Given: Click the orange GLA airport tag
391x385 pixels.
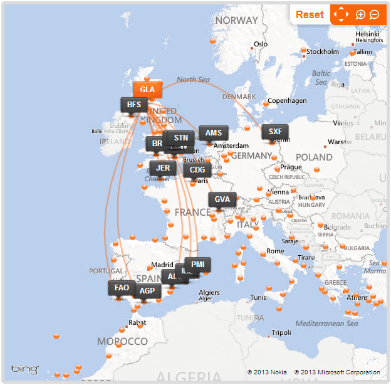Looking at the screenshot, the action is point(147,90).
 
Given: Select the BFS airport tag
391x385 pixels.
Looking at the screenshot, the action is point(133,105).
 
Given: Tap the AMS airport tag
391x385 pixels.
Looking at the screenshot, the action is point(214,133).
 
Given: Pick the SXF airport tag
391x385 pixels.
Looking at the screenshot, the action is point(275,132).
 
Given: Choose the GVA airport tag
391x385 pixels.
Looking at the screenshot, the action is point(222,199).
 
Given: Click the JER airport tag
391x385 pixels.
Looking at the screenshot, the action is point(163,168).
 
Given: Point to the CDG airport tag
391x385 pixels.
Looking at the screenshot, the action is point(197,170).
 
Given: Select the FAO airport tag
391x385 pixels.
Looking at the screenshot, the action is point(122,288).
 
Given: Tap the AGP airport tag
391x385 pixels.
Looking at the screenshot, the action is point(147,291).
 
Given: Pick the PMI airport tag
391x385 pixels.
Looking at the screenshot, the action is point(198,265).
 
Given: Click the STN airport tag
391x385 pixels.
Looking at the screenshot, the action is point(181,138).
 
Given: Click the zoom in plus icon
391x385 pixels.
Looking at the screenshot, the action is point(360,14).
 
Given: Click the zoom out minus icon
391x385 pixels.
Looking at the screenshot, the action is point(374,14).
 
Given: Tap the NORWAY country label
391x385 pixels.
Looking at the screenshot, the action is point(236,20).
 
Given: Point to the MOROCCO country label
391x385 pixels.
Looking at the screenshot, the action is point(122,342).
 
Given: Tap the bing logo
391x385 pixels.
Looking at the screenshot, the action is point(24,369).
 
